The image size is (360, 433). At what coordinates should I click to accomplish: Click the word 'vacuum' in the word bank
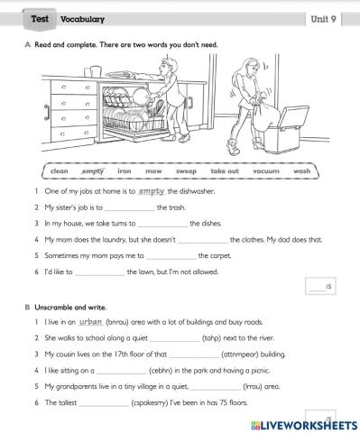(264, 170)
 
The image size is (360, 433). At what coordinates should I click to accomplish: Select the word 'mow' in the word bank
(153, 170)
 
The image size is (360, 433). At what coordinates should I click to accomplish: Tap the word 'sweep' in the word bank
(187, 170)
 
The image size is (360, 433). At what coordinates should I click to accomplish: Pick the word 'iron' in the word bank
(125, 170)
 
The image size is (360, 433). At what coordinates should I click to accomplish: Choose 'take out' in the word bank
(225, 170)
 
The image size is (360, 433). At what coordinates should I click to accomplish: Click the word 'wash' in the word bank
(301, 170)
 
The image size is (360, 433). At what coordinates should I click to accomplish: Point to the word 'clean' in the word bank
(60, 170)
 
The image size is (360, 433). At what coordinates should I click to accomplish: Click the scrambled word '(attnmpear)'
(215, 354)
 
